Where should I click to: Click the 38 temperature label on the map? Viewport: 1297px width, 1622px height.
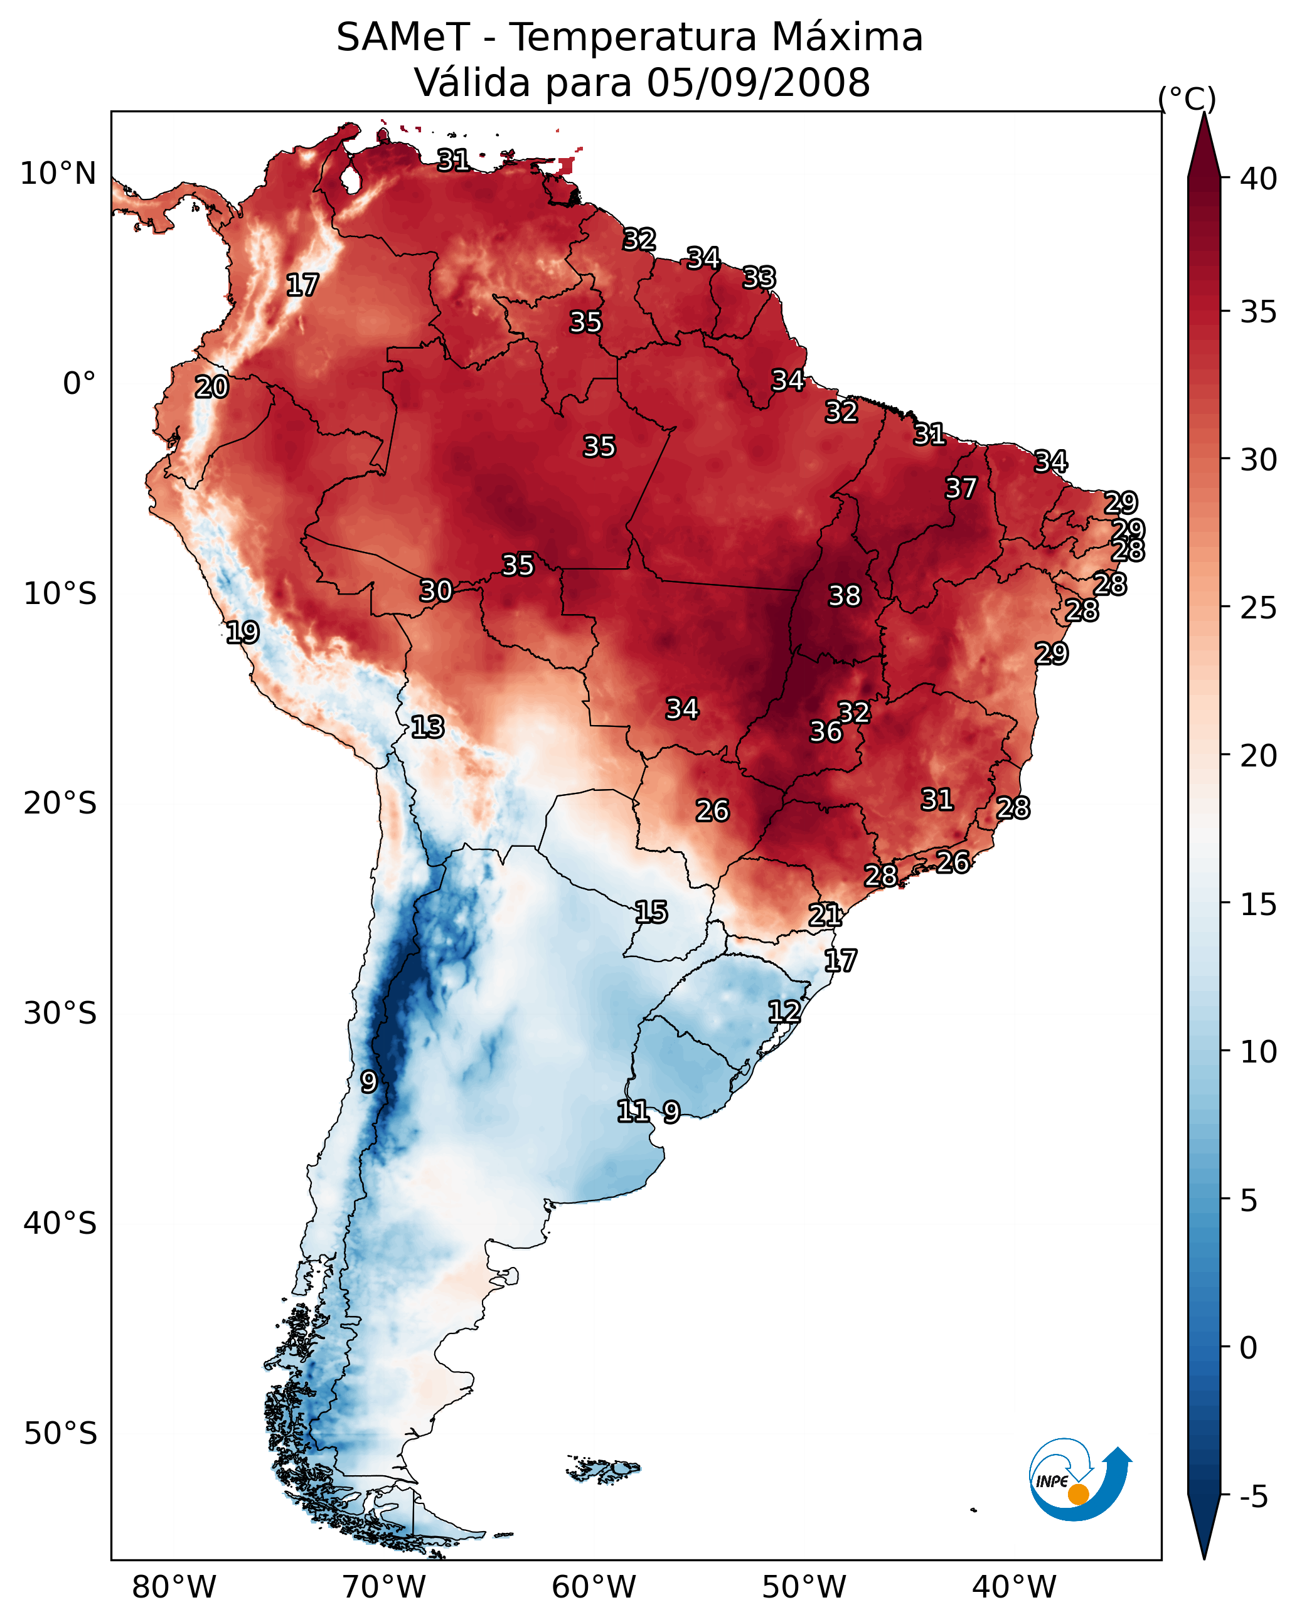point(844,596)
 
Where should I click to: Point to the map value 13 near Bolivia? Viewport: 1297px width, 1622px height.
point(427,727)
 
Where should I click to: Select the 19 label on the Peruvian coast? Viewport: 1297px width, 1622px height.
point(242,632)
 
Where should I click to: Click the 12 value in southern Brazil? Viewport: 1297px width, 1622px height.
point(784,1011)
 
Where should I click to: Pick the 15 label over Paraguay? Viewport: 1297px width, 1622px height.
point(650,912)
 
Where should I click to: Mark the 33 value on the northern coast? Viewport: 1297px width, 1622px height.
point(759,278)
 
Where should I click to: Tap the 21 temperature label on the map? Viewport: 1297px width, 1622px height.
point(825,915)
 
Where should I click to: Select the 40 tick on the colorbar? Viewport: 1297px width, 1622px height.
point(1259,179)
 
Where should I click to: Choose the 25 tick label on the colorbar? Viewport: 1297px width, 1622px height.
point(1259,608)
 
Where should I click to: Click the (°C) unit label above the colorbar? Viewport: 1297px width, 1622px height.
point(1187,98)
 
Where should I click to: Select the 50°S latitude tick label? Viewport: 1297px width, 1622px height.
point(60,1433)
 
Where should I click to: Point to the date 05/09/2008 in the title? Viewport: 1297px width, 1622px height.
point(758,83)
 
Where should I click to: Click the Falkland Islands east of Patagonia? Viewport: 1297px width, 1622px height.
point(604,1468)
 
